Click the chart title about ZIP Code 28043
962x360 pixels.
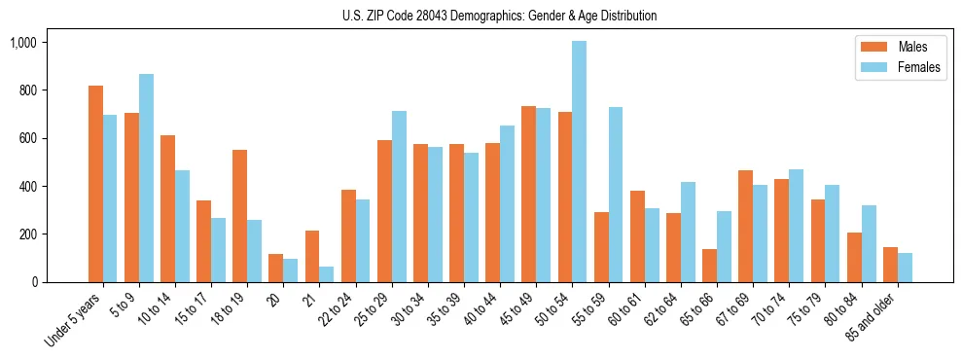click(499, 16)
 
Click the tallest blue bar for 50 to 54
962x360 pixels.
click(579, 162)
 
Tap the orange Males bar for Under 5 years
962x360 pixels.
click(95, 184)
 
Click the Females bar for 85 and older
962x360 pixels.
click(905, 268)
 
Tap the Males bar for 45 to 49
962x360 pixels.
click(528, 195)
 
